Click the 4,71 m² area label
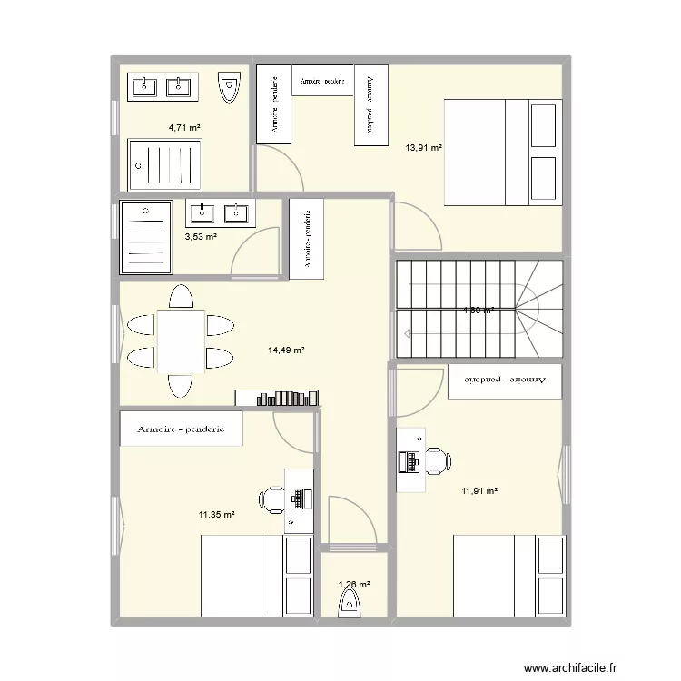click(x=183, y=127)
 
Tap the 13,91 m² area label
click(x=423, y=147)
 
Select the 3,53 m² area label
click(x=201, y=237)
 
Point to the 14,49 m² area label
click(x=285, y=350)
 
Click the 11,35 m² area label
click(x=217, y=515)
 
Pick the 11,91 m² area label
click(x=479, y=491)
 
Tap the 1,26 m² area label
click(x=353, y=585)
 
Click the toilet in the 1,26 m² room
click(x=349, y=602)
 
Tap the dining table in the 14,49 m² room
click(x=181, y=341)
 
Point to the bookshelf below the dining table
click(x=279, y=397)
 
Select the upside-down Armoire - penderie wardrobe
click(x=505, y=380)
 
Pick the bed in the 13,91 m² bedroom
click(x=501, y=153)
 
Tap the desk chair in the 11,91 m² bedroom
click(x=437, y=461)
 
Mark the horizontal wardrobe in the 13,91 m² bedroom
click(x=321, y=80)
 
